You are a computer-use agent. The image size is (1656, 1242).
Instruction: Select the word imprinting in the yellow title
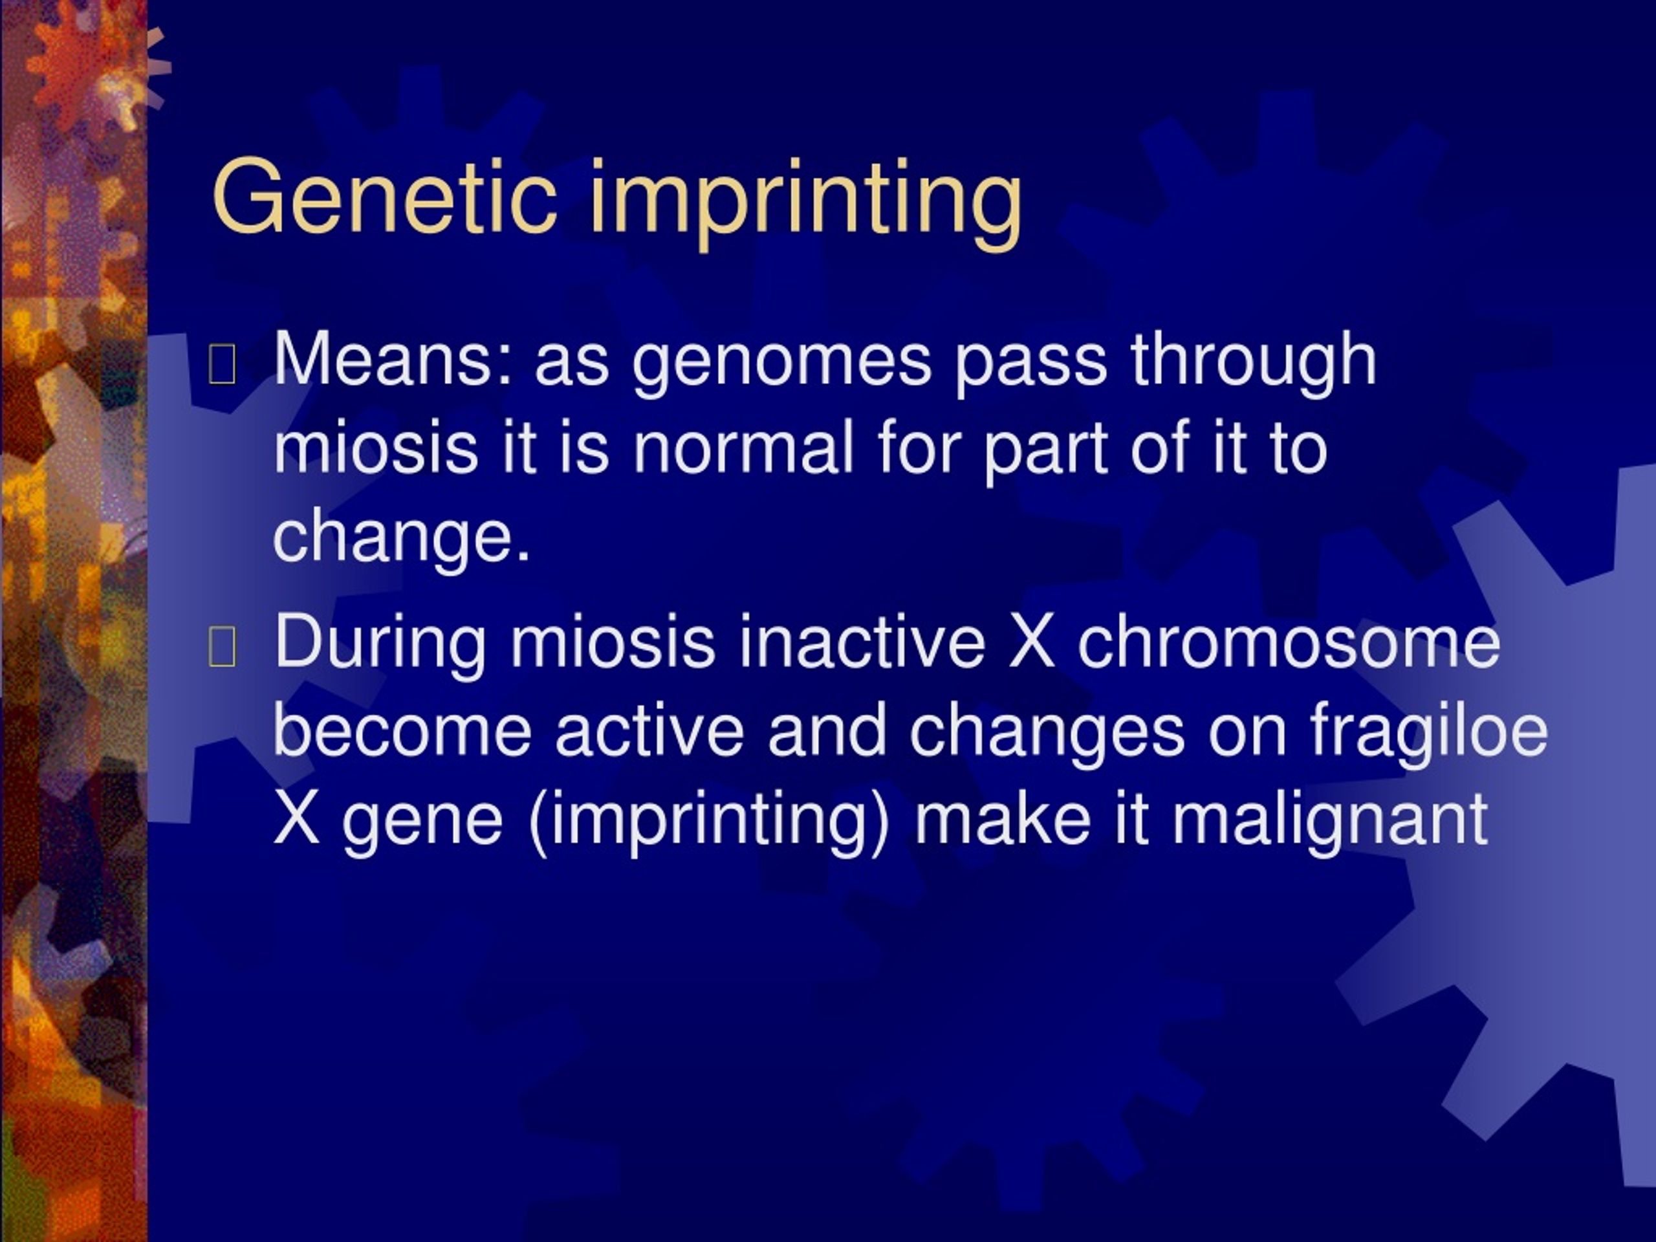pos(805,202)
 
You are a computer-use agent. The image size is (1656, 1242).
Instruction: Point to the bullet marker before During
pos(223,647)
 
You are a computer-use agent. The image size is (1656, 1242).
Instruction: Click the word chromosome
pos(1289,642)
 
